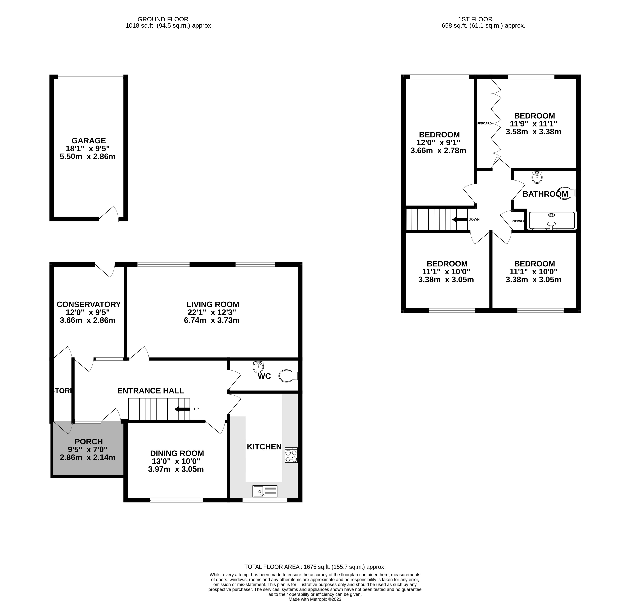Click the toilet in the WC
coord(288,376)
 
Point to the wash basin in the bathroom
coord(537,177)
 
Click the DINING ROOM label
coord(177,453)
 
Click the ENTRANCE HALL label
coord(150,390)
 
